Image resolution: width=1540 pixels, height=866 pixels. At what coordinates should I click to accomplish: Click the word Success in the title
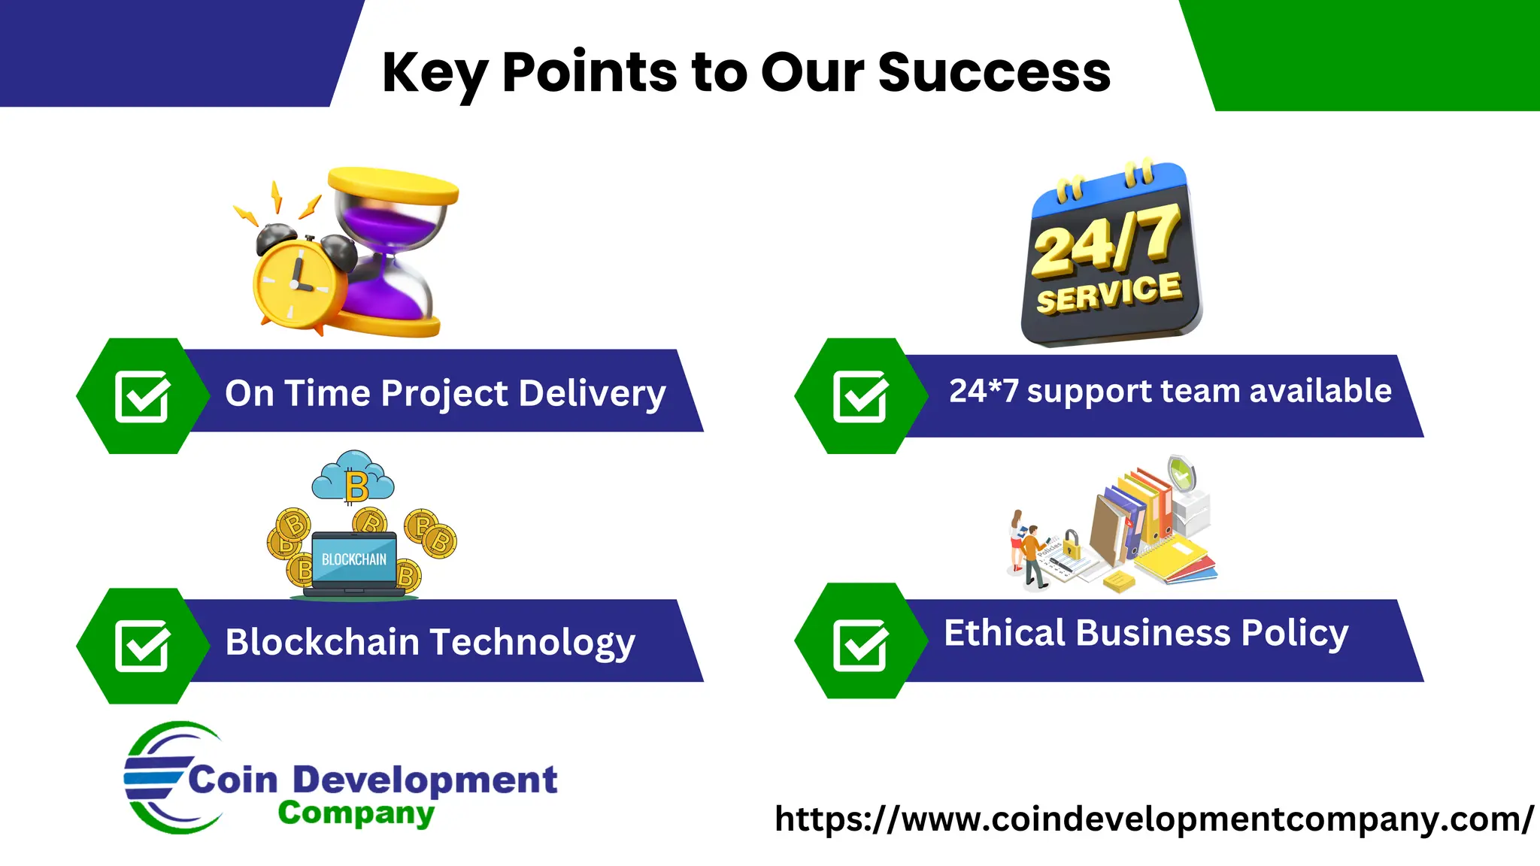pos(993,73)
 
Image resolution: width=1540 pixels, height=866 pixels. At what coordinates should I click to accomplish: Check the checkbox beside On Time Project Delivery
pos(142,396)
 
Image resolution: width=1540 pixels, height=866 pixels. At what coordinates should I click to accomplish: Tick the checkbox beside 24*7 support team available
pos(860,396)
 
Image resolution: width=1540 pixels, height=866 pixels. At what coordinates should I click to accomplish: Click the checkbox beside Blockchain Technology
pos(142,646)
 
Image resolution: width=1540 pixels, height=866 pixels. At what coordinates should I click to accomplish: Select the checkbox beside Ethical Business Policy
pos(860,646)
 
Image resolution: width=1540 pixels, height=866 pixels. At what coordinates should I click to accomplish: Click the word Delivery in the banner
pos(592,393)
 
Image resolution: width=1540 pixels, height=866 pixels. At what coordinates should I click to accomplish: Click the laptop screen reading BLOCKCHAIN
pos(353,559)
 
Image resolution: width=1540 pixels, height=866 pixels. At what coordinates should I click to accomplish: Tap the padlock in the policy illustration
pos(1072,544)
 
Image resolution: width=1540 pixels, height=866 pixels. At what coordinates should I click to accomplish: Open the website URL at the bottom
pos(1153,819)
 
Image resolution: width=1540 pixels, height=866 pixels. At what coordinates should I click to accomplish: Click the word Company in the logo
pos(356,813)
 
